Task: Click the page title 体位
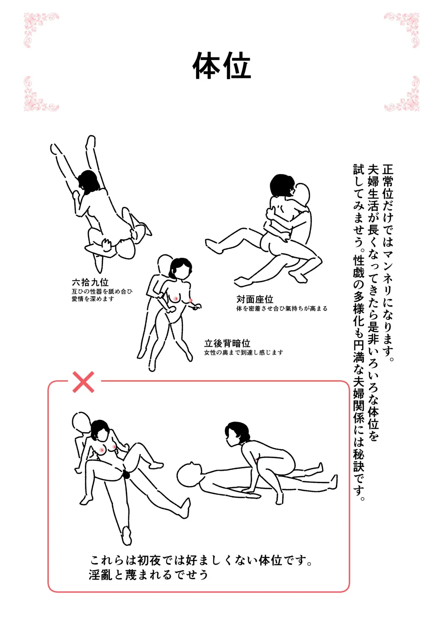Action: (x=221, y=66)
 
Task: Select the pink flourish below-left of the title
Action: (x=40, y=94)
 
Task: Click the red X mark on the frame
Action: (x=83, y=382)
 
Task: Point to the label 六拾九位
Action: (x=90, y=282)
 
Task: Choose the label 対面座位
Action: (x=255, y=299)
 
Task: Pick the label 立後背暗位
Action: (x=227, y=343)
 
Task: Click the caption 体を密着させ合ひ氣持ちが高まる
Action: (x=282, y=309)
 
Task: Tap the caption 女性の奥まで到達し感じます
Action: (x=244, y=353)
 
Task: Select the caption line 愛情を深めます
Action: (x=93, y=299)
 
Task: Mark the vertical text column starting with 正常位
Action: (x=388, y=262)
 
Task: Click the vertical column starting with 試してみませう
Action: (x=359, y=332)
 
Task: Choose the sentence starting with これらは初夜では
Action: (x=201, y=560)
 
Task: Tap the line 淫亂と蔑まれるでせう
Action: (x=148, y=575)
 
